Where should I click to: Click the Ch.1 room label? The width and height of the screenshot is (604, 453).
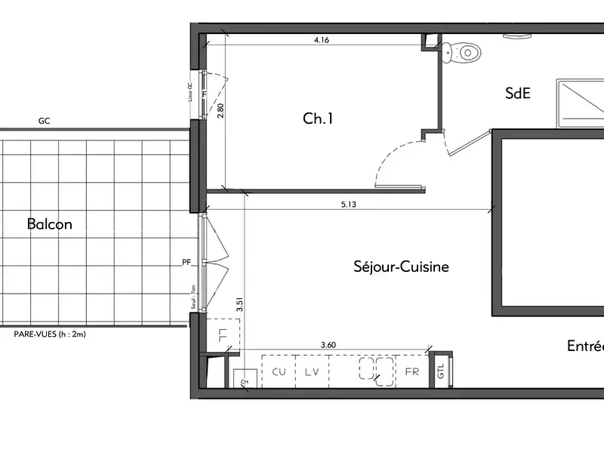318,119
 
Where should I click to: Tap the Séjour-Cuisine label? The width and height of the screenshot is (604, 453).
401,267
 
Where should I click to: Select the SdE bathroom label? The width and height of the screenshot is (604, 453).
518,93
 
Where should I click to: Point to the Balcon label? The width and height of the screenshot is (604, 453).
49,224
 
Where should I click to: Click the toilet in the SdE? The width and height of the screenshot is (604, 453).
463,52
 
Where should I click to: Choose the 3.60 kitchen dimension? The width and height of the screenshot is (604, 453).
328,345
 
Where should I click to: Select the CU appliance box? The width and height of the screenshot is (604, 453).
279,371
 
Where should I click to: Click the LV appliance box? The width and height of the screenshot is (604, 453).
312,371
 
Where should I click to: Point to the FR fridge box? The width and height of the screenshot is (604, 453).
411,371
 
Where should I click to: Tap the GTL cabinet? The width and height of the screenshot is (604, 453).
441,371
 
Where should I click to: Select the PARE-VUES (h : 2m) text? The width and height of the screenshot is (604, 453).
51,334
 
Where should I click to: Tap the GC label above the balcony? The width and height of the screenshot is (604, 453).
45,121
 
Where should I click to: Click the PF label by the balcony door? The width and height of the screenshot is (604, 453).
186,263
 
